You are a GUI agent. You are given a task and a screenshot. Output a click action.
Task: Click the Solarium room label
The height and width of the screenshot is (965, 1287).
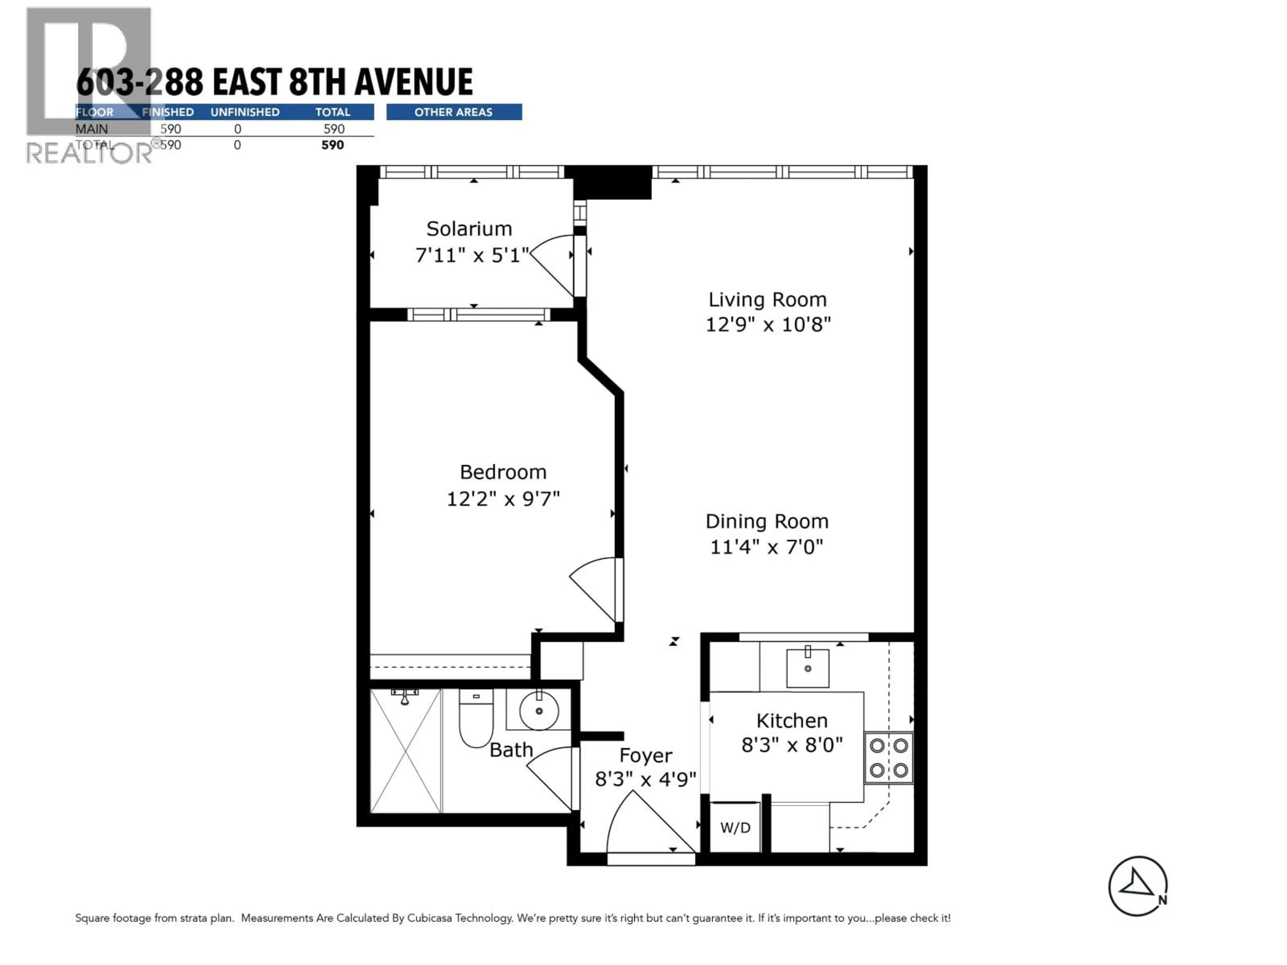469,229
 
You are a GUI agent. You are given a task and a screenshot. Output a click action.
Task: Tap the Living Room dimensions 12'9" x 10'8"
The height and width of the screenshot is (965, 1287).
768,324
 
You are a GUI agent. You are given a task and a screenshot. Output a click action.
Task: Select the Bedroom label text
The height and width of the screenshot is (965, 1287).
503,472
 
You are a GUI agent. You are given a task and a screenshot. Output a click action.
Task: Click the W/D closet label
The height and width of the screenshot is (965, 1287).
735,828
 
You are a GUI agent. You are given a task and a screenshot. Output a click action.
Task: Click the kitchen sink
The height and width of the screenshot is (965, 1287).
808,668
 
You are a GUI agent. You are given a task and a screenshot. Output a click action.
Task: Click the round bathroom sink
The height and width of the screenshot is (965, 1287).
539,710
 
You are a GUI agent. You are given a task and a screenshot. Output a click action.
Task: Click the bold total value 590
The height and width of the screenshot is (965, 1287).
333,145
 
